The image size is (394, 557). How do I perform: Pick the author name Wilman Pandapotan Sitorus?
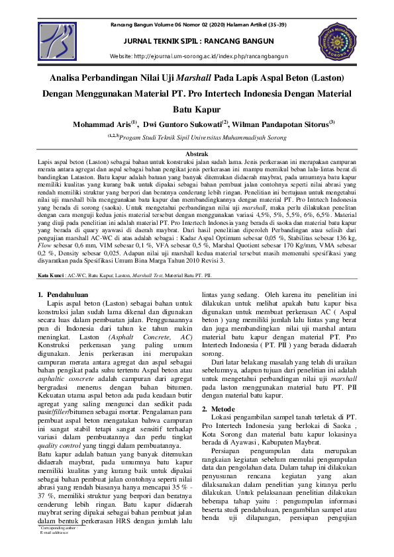click(x=283, y=123)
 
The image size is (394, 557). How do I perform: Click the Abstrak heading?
click(x=197, y=153)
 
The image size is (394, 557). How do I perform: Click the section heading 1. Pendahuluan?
click(x=61, y=293)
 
